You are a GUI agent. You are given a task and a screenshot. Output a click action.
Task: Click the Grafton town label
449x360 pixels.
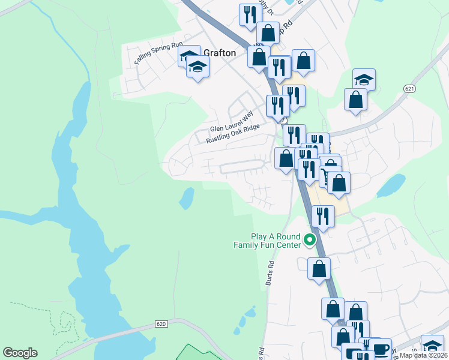[220, 53]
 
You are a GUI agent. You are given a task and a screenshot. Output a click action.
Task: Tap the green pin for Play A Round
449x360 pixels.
[310, 240]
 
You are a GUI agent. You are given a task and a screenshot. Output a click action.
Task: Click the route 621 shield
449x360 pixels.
[410, 89]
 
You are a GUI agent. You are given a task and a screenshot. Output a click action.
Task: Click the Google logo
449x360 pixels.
[20, 353]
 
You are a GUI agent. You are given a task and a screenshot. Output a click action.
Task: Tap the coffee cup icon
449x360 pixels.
[379, 348]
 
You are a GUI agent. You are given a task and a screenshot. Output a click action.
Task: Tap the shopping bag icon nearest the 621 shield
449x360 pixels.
[355, 99]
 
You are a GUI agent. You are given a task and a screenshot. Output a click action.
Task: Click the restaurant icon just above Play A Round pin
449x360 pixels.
[323, 216]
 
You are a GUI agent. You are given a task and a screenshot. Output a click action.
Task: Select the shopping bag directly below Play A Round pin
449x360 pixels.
[319, 268]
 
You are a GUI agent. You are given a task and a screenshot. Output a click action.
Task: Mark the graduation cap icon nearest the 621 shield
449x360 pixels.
[364, 79]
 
